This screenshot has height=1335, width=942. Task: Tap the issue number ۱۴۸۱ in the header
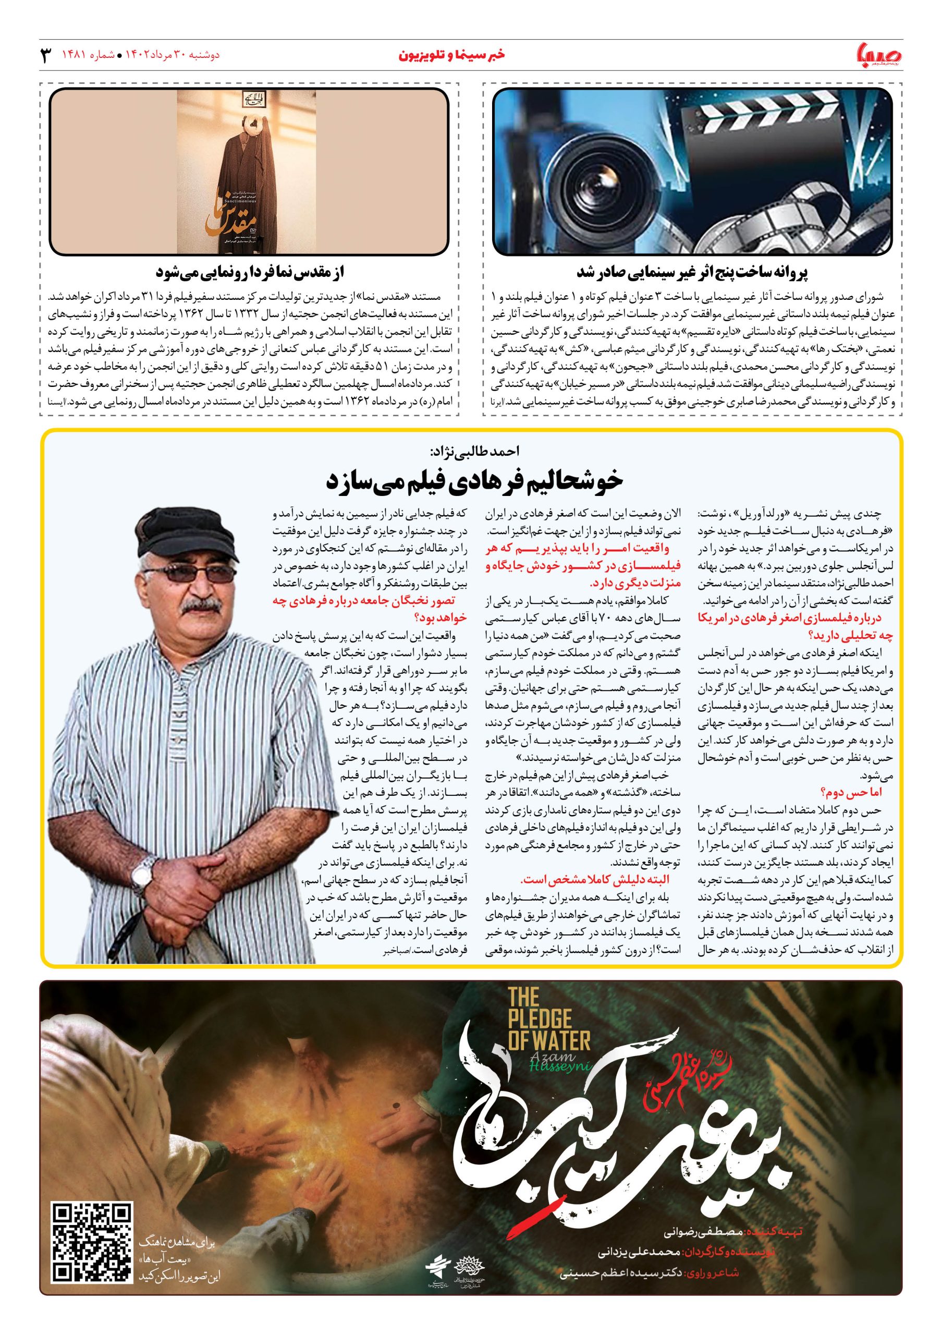point(74,56)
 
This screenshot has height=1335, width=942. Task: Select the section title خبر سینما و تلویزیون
point(451,55)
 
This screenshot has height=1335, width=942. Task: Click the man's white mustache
point(198,610)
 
